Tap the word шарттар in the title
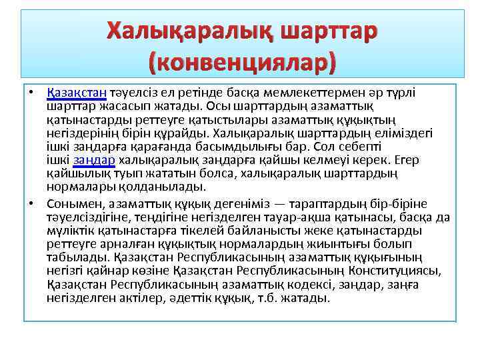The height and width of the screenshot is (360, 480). point(328,31)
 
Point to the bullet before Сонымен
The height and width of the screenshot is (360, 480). point(31,203)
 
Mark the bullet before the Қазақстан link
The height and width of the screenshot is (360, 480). point(31,92)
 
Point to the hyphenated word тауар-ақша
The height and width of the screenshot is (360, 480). point(297,217)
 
